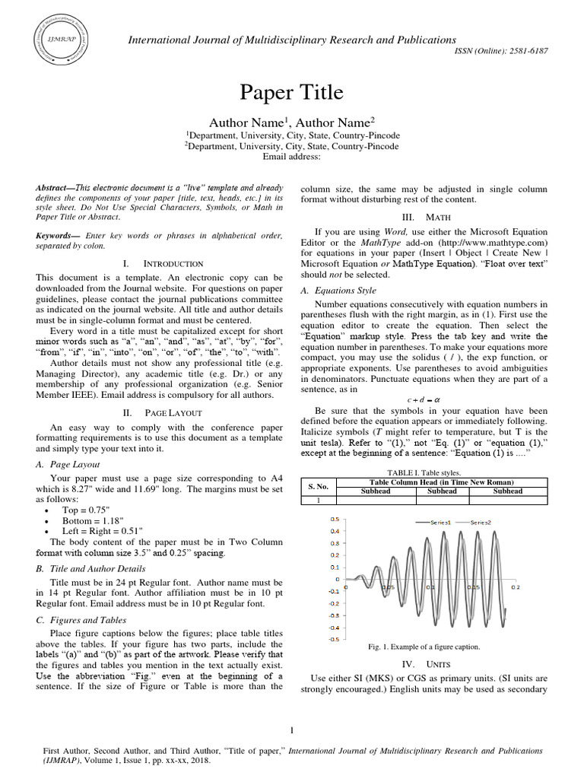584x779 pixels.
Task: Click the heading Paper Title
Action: click(292, 93)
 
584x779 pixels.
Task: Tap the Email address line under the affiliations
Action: click(292, 157)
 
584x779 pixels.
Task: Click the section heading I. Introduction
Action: click(163, 263)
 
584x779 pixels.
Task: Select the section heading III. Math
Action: click(423, 218)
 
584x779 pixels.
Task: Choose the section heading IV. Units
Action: click(423, 664)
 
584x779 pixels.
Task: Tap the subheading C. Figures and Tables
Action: click(81, 620)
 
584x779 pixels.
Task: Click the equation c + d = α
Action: click(423, 400)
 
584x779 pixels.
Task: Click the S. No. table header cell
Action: click(318, 486)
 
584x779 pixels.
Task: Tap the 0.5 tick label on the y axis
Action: click(335, 520)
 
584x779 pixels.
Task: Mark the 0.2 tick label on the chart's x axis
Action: click(515, 587)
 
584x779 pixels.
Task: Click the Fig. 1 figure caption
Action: click(423, 647)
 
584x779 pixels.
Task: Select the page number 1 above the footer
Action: click(292, 731)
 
